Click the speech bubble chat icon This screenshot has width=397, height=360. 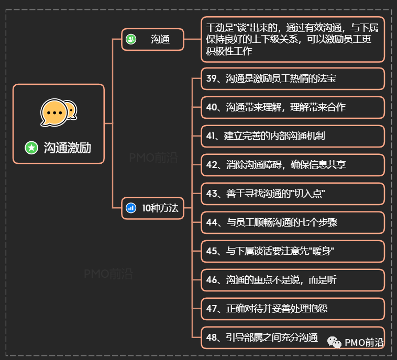point(58,111)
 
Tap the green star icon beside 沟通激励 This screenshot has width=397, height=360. point(31,148)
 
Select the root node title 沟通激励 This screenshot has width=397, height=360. point(67,148)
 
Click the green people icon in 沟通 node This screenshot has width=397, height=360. point(131,39)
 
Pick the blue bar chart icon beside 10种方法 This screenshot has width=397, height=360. point(131,208)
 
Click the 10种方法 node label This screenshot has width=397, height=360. point(160,208)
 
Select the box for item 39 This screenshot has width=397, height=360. point(293,79)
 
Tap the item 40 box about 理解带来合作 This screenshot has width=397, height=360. point(293,107)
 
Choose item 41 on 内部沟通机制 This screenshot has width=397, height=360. point(293,136)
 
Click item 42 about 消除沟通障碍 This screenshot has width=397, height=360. point(293,165)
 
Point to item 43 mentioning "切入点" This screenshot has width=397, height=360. point(293,194)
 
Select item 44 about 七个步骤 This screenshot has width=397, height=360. point(293,222)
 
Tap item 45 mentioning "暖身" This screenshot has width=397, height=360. point(293,251)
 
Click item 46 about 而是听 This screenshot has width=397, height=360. point(293,280)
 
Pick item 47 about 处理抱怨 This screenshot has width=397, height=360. point(293,309)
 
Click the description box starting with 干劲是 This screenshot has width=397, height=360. point(293,40)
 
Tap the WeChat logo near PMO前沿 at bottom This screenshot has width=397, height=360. point(335,342)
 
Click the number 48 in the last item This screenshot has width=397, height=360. point(212,337)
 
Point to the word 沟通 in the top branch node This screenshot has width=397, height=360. point(160,39)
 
